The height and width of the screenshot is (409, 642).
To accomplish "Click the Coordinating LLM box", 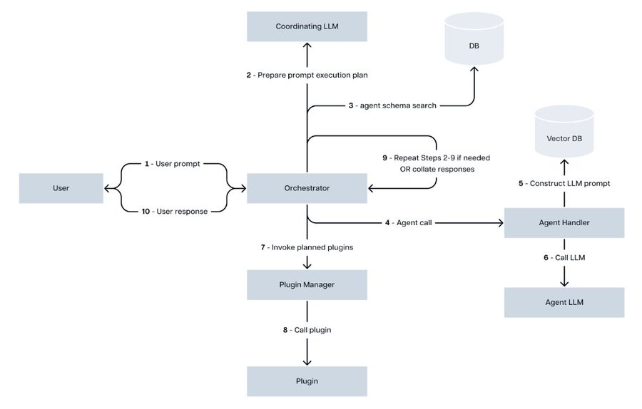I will click(x=307, y=26).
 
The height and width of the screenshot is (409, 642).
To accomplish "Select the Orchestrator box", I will click(x=307, y=188).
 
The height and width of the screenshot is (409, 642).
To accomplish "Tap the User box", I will click(x=61, y=188).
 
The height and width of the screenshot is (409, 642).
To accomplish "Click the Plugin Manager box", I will click(x=307, y=284).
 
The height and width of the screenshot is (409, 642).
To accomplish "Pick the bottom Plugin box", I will click(x=307, y=381).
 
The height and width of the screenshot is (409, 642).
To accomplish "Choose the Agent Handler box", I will click(x=564, y=223).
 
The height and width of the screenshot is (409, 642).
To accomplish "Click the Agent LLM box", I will click(x=564, y=302).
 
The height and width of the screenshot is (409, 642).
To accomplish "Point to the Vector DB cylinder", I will click(x=564, y=137).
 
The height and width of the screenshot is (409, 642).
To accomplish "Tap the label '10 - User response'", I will click(x=175, y=212).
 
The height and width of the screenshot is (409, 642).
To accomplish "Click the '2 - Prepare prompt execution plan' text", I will click(x=307, y=75).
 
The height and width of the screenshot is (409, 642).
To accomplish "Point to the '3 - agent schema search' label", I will click(x=392, y=105).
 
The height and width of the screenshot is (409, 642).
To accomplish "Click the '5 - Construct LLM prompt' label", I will click(x=564, y=183).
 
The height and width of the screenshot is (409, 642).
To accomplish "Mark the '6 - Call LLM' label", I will click(x=564, y=257).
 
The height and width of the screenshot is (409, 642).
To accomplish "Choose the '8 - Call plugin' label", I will click(x=307, y=330).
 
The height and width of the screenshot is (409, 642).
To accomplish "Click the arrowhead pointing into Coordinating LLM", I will click(x=307, y=45).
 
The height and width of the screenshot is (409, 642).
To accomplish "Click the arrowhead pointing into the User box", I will click(x=108, y=188).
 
